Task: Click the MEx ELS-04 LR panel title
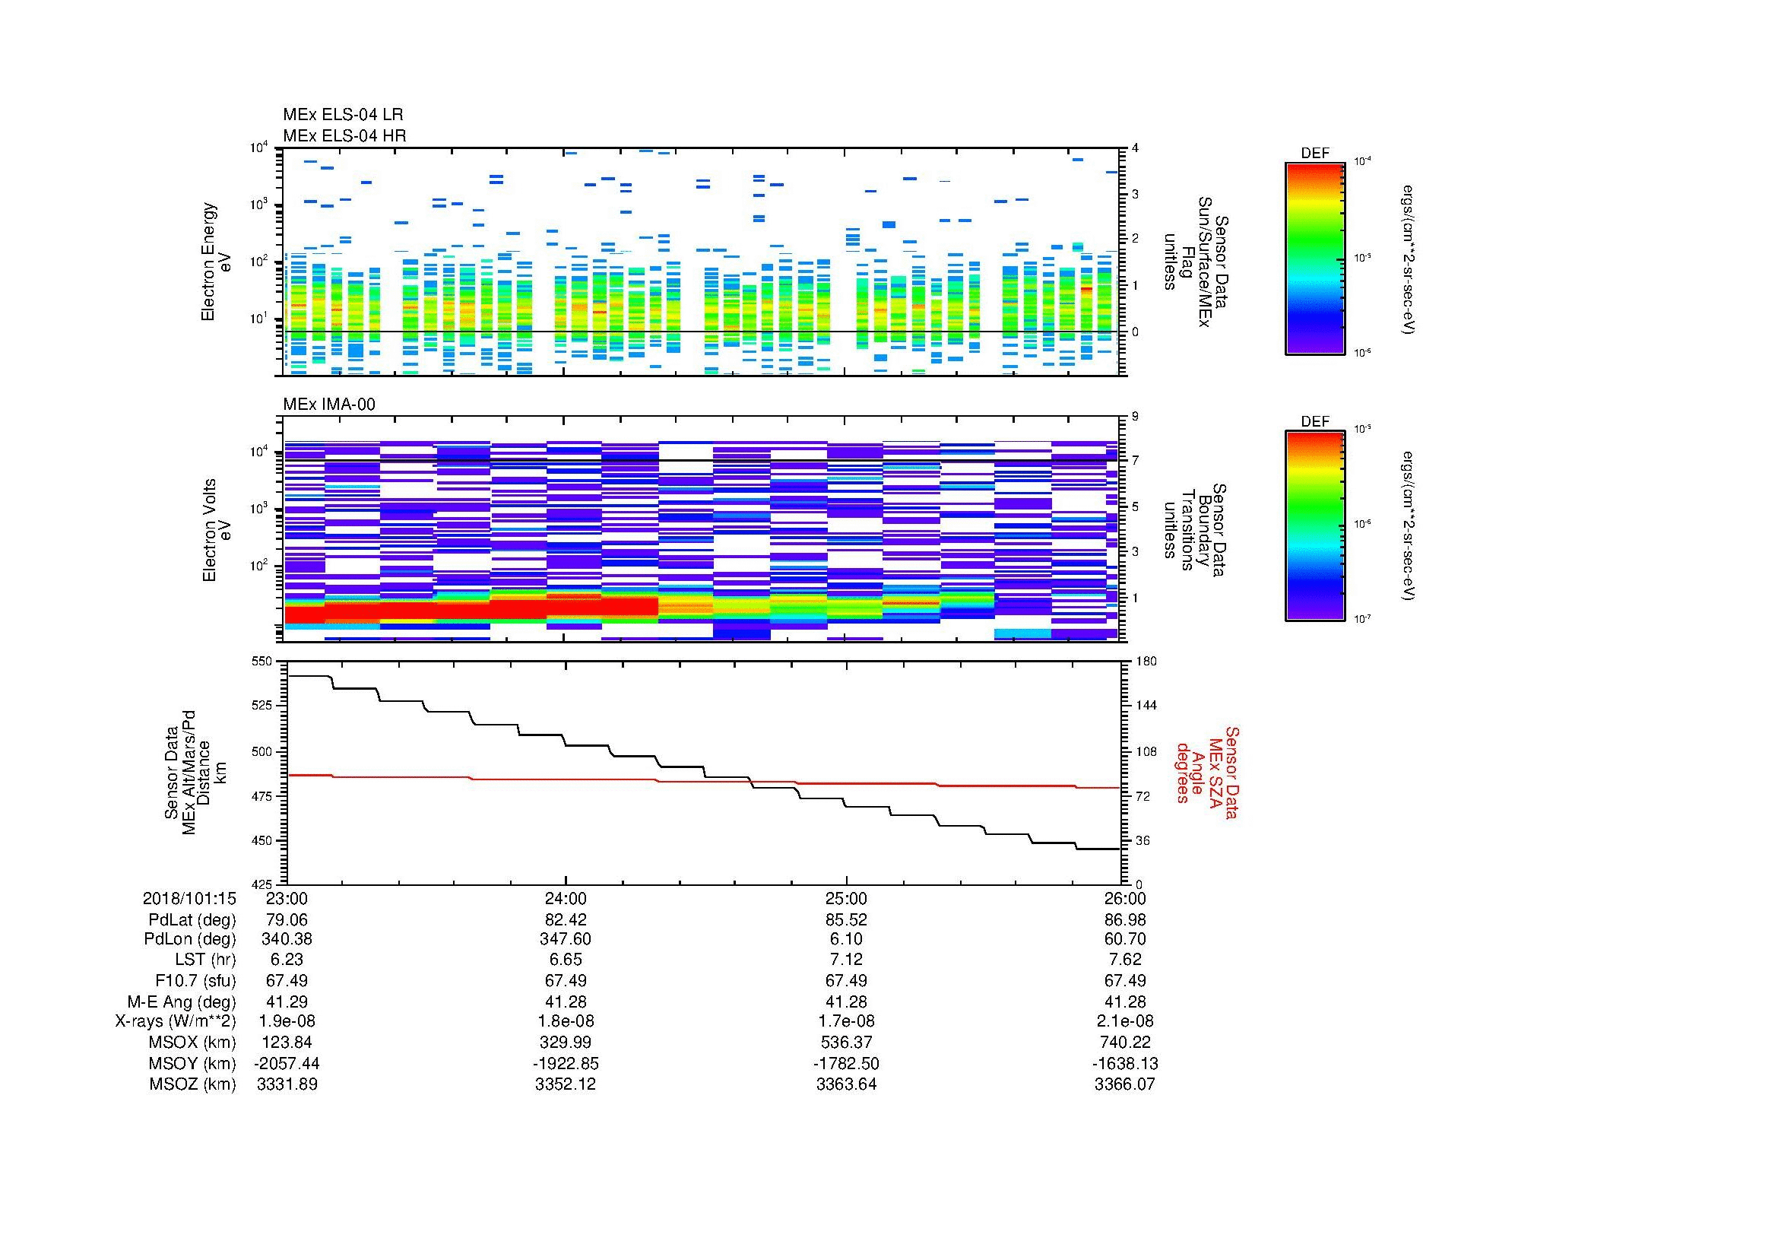[x=342, y=115]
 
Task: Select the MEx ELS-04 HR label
[x=344, y=135]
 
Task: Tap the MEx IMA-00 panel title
[x=328, y=405]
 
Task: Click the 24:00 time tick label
[x=566, y=898]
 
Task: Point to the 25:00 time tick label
[x=845, y=898]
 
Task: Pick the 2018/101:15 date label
[x=189, y=898]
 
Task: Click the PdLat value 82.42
[x=566, y=920]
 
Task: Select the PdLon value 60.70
[x=1124, y=939]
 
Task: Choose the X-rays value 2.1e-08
[x=1124, y=1021]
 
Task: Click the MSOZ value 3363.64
[x=845, y=1084]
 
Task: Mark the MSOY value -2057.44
[x=287, y=1063]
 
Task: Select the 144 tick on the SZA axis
[x=1146, y=706]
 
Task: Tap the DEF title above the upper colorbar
[x=1314, y=154]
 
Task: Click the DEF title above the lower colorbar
[x=1314, y=422]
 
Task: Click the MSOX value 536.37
[x=845, y=1043]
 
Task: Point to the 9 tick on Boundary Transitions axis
[x=1135, y=417]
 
